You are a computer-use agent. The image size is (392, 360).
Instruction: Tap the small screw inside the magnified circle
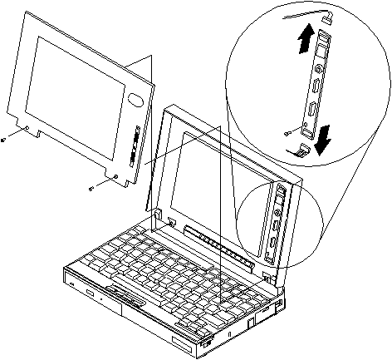pyautogui.click(x=287, y=130)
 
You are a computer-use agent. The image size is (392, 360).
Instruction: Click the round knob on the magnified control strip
pyautogui.click(x=316, y=86)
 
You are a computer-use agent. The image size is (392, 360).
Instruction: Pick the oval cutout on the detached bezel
pyautogui.click(x=135, y=99)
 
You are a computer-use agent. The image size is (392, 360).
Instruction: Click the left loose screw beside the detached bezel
pyautogui.click(x=6, y=140)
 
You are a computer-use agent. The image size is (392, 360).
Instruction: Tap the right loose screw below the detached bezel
pyautogui.click(x=91, y=189)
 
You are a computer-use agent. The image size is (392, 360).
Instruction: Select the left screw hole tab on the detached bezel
pyautogui.click(x=27, y=129)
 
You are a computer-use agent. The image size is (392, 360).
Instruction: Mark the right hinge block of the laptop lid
pyautogui.click(x=267, y=275)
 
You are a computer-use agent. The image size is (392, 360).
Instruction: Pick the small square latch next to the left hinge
pyautogui.click(x=170, y=222)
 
